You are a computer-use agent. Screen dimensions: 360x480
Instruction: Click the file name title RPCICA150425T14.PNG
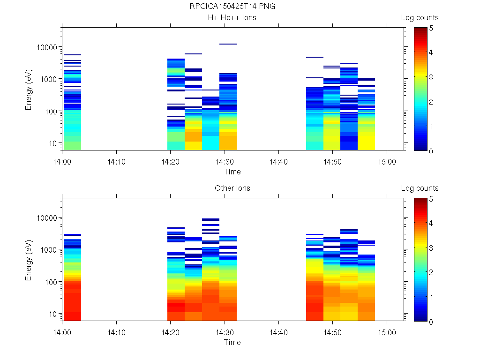point(232,7)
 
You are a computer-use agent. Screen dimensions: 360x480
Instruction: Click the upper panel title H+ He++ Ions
point(232,18)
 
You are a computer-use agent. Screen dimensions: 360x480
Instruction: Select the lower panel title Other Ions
point(232,188)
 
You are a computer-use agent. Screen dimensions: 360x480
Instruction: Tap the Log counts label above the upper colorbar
point(420,18)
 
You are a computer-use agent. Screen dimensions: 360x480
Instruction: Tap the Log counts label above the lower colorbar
point(420,188)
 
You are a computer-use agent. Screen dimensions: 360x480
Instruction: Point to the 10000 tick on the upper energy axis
point(47,47)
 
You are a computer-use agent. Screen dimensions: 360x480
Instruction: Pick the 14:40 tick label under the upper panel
point(278,161)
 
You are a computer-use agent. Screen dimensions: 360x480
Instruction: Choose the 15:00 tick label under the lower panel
point(386,332)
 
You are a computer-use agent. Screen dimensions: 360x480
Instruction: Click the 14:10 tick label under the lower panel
point(116,332)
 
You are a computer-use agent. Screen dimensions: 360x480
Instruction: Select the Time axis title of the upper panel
point(232,172)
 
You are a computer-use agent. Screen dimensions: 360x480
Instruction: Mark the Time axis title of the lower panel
point(232,342)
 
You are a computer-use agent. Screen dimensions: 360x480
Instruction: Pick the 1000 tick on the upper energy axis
point(49,79)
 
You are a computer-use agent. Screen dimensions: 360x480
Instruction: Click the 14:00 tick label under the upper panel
point(62,161)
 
